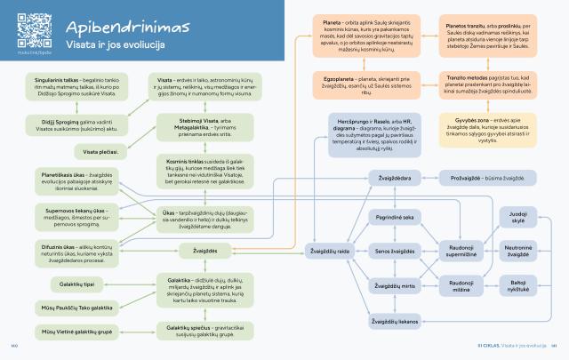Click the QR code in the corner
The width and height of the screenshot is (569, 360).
pos(30,26)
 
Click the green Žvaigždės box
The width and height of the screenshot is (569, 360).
pos(205,252)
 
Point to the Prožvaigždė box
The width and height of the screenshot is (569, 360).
pos(487,179)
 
